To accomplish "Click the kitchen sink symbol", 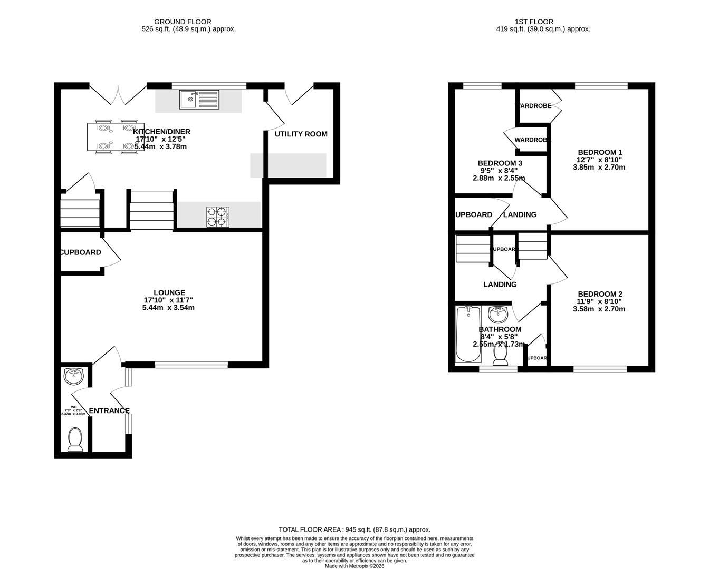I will [199, 99].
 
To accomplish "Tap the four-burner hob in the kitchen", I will [218, 217].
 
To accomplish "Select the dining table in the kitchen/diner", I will [116, 138].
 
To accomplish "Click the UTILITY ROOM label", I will [301, 134].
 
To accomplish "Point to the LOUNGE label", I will [169, 292].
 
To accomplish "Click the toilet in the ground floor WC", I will [75, 440].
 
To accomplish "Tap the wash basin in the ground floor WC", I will [73, 376].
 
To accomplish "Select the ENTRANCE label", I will [109, 411].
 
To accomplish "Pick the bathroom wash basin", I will [499, 315].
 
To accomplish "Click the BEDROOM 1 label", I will [600, 152].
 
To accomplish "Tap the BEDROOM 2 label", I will [600, 294].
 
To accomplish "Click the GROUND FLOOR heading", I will [188, 22].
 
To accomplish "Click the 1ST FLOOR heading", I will [534, 22].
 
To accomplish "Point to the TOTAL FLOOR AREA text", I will [354, 529].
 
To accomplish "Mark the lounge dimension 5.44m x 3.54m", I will [168, 308].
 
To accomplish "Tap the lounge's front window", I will [191, 364].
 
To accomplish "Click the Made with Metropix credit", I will [354, 566].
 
